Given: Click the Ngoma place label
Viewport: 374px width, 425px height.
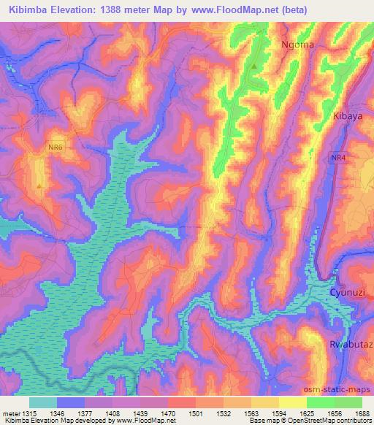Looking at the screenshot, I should coord(297,45).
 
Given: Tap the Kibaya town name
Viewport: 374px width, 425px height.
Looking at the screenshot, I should coord(348,116).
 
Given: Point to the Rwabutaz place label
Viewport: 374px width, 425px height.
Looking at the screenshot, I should coord(350,343).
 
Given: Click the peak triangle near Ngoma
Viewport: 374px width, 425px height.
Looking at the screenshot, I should coord(253,66).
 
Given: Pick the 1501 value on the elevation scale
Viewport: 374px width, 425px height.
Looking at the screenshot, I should coord(195,413).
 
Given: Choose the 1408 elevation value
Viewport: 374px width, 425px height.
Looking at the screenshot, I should coord(112,413).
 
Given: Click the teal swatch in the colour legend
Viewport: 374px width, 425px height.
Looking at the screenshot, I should coord(42,402).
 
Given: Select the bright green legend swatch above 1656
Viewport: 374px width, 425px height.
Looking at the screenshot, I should coord(320,402).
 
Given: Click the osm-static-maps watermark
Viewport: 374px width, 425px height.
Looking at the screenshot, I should coord(343,387).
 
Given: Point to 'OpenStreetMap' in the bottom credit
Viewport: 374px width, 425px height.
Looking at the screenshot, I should coord(321,421).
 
